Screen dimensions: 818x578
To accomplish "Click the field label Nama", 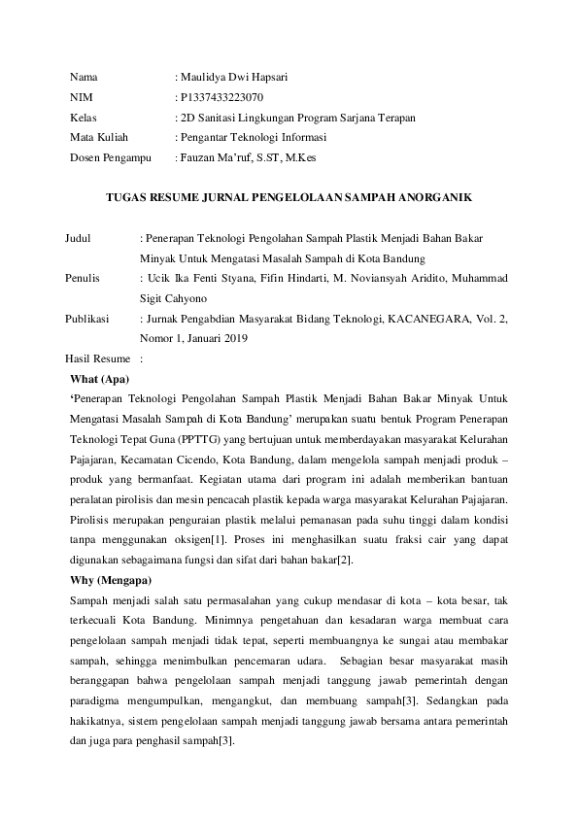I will [84, 77].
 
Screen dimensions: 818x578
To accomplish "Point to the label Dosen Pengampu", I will [107, 156].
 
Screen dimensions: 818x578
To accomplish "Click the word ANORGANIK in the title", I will [439, 198].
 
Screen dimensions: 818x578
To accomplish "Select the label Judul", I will [78, 238].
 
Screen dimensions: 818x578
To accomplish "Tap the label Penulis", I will [83, 279].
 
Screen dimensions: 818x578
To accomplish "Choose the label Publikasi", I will [87, 319].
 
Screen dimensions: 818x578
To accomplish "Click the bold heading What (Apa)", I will [100, 379].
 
